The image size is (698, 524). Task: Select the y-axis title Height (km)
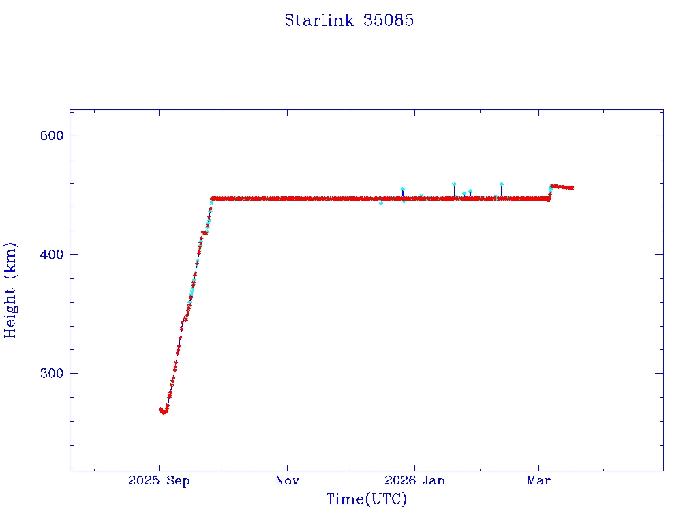click(x=10, y=290)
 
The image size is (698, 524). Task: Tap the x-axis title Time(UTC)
click(x=366, y=499)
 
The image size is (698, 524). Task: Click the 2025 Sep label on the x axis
click(x=159, y=480)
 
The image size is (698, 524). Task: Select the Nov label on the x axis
click(x=287, y=480)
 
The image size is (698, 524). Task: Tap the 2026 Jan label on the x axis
click(x=415, y=480)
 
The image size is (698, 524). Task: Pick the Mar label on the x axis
click(x=539, y=480)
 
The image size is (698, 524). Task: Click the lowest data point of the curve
click(x=164, y=413)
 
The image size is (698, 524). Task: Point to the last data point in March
click(x=573, y=188)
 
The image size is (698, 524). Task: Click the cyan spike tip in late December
click(x=403, y=189)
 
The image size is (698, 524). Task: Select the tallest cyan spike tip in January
click(x=454, y=184)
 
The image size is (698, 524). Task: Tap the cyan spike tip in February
click(x=501, y=184)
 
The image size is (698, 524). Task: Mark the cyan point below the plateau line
click(x=381, y=203)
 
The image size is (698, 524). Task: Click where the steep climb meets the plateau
click(x=212, y=199)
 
